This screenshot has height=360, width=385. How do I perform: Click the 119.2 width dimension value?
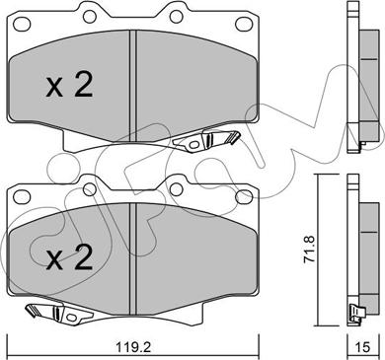(x=133, y=347)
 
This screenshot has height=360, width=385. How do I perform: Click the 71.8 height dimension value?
(x=310, y=249)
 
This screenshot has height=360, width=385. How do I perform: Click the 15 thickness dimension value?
(x=362, y=347)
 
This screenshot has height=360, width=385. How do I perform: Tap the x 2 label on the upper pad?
(x=69, y=86)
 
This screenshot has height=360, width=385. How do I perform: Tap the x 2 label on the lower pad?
(x=69, y=258)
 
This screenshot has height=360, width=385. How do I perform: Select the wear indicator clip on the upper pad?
(x=206, y=140)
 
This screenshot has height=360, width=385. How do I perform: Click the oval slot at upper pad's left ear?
(x=22, y=24)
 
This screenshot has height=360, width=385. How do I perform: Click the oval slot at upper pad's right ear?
(x=244, y=23)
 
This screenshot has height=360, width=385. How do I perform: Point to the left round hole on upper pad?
(x=90, y=16)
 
